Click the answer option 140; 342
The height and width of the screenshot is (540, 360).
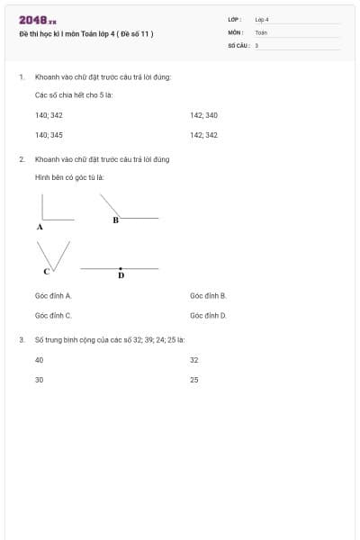49,115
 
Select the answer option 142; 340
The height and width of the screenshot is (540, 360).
204,115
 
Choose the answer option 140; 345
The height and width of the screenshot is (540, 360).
49,135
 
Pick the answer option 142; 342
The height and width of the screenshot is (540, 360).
204,135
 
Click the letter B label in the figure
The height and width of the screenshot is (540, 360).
115,220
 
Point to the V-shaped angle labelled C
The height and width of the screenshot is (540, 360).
54,255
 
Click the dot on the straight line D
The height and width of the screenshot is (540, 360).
121,268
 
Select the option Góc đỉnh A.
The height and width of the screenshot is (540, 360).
53,295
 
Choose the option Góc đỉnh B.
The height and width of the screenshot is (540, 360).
208,295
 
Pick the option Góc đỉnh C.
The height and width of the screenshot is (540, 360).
53,316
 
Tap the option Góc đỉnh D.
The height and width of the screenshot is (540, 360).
208,316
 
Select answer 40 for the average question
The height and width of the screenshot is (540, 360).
40,360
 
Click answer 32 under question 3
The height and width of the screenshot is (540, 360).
194,360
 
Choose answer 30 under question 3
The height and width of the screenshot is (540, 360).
40,380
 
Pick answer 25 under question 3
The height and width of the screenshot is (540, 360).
194,380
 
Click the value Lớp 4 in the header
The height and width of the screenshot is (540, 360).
262,19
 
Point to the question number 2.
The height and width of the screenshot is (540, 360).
22,159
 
